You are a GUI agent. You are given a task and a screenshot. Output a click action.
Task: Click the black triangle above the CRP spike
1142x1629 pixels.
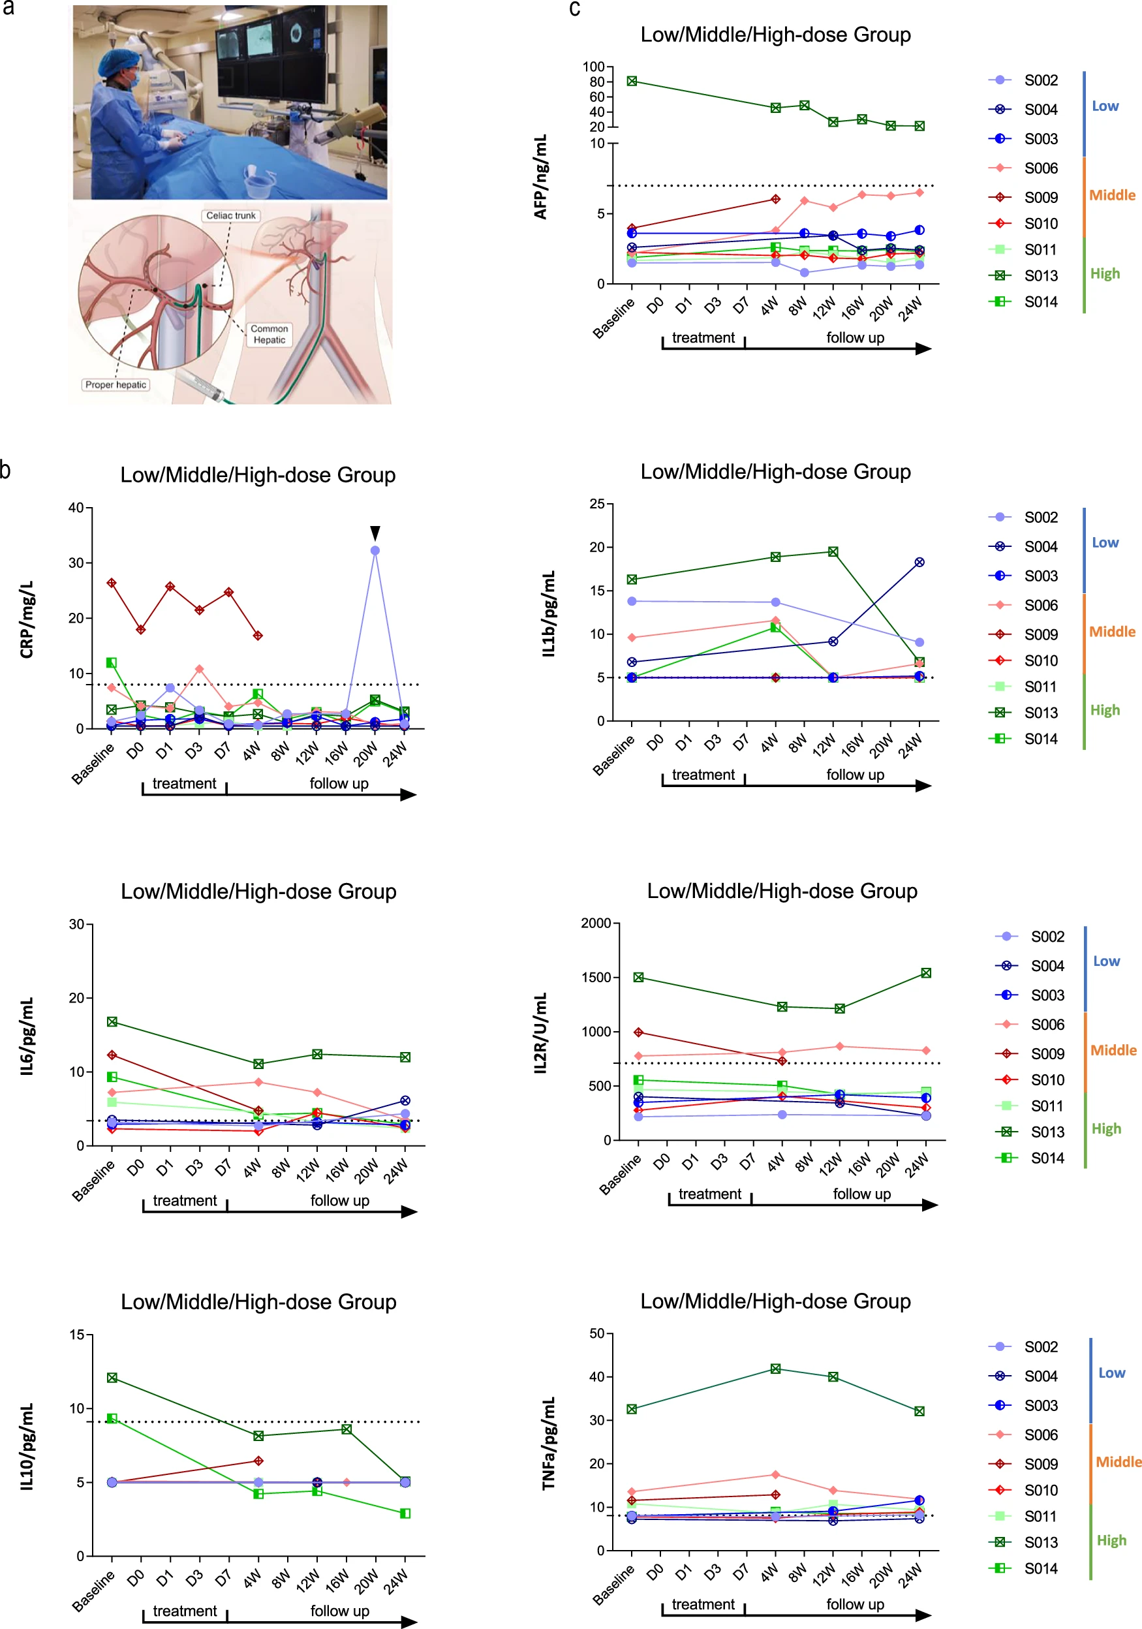tap(375, 532)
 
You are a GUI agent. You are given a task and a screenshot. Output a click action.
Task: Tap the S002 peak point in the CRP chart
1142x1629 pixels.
tap(375, 551)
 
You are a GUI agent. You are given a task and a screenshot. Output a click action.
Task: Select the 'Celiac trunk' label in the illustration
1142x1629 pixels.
tap(230, 215)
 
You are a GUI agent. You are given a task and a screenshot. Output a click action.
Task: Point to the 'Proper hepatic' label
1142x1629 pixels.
tap(116, 384)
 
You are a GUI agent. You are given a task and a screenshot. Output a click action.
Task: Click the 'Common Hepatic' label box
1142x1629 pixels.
tap(269, 334)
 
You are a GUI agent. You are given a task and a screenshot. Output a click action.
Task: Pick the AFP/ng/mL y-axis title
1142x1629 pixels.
tap(540, 177)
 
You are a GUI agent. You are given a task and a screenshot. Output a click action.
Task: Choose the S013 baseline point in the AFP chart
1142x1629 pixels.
tap(631, 82)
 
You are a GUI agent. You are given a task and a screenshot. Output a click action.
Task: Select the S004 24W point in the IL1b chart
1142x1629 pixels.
tap(919, 562)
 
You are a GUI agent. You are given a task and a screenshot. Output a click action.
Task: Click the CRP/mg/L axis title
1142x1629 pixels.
tap(27, 619)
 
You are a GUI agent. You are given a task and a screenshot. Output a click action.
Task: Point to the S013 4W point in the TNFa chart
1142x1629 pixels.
tap(775, 1369)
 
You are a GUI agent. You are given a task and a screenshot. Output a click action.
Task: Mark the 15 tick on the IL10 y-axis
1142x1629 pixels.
tap(76, 1335)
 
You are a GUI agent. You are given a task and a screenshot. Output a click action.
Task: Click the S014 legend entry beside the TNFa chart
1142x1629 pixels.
tap(1025, 1568)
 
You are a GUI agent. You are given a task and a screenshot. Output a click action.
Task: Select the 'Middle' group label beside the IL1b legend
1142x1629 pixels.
tap(1111, 632)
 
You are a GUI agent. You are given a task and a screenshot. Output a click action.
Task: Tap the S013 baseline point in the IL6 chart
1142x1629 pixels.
tap(112, 1021)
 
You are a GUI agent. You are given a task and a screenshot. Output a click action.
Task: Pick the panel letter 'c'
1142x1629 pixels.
tap(574, 8)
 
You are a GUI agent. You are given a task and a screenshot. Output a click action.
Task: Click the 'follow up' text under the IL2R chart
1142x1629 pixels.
tap(861, 1194)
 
